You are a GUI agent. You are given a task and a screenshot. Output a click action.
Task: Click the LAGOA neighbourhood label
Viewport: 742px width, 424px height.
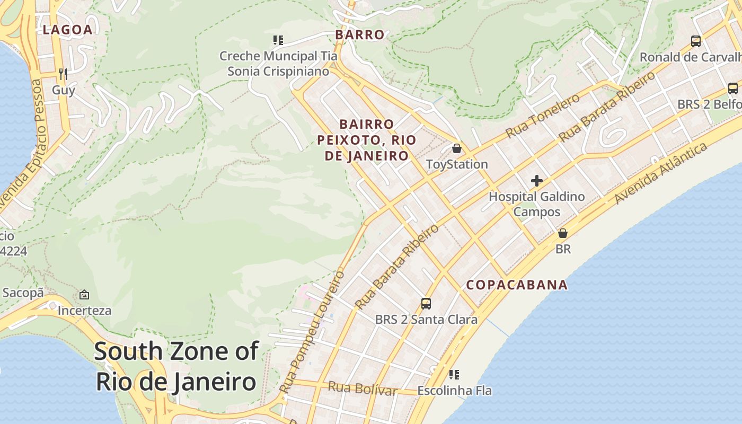coord(67,30)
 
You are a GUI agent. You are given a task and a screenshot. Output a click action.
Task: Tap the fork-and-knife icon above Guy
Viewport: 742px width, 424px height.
coord(63,74)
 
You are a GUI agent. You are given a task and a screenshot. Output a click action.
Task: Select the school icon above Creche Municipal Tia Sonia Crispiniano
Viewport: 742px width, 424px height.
coord(278,40)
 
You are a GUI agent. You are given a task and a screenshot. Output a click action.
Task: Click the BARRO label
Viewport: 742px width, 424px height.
coord(360,35)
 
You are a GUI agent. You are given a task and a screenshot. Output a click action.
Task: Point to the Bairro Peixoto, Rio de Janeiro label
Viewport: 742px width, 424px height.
coord(367,140)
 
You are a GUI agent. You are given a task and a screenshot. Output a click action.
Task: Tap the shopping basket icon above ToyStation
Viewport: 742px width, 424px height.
coord(456,148)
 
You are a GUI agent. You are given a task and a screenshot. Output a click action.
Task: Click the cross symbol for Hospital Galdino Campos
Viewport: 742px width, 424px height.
coord(536,181)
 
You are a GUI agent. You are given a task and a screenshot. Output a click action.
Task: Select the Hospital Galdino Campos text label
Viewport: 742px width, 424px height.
coord(536,204)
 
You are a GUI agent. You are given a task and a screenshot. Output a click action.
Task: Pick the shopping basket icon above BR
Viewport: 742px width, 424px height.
coord(563,233)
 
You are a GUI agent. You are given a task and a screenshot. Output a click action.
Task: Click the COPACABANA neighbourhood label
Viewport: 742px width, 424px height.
coord(517,285)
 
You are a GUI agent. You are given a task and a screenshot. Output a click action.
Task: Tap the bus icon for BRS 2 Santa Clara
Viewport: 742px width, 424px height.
coord(426,303)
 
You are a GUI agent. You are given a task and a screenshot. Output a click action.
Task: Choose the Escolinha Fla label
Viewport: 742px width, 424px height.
coord(454,391)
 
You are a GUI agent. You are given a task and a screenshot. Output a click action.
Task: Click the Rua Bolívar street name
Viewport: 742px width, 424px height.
coord(363,388)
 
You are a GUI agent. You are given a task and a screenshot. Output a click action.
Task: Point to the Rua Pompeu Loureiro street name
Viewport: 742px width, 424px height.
coord(312,333)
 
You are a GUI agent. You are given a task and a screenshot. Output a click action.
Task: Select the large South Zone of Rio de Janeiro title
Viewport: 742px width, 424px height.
coord(176,367)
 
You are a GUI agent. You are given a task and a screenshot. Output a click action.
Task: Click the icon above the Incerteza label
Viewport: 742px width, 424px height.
coord(84,295)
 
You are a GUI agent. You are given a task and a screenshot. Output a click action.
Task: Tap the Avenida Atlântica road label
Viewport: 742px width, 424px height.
coord(661,173)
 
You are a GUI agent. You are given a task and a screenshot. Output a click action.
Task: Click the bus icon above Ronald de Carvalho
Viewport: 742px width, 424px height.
coord(695,41)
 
